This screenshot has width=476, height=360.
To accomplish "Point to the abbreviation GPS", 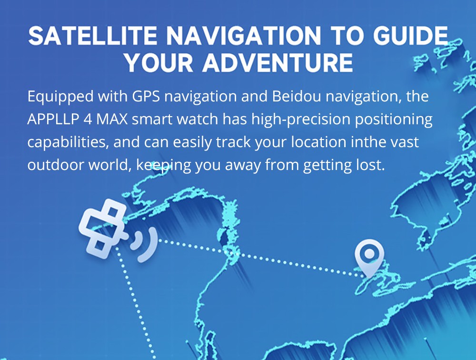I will pyautogui.click(x=146, y=96).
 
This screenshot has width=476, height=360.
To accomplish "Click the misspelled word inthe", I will pyautogui.click(x=361, y=142).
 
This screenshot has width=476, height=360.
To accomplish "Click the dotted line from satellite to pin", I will pyautogui.click(x=257, y=257).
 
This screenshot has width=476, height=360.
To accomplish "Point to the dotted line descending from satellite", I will pyautogui.click(x=136, y=305).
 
